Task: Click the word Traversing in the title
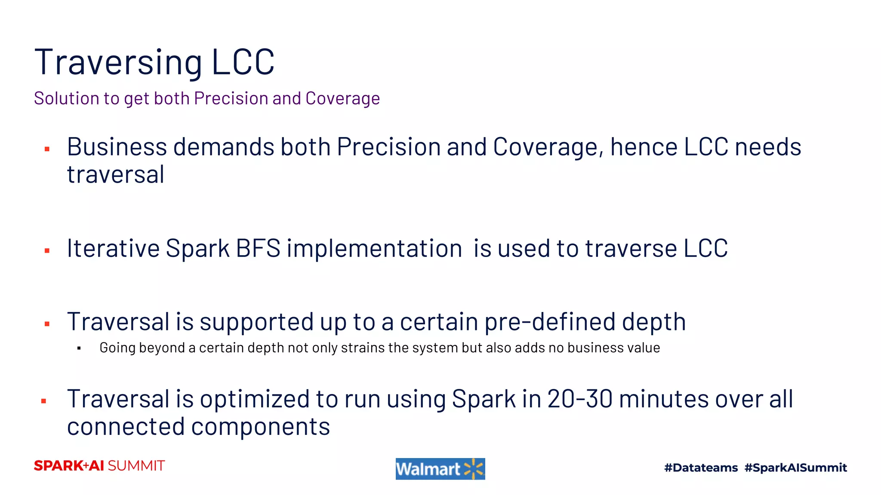click(x=118, y=63)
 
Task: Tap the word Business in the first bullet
click(x=117, y=147)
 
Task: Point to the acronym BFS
click(x=258, y=248)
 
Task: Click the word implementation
click(x=374, y=248)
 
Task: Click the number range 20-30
click(x=580, y=399)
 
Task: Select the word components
click(x=260, y=427)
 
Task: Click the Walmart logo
click(x=440, y=469)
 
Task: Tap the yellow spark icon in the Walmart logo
click(x=474, y=469)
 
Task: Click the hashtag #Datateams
click(x=701, y=467)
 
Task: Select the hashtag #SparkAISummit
click(x=795, y=467)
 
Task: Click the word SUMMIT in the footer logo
click(x=136, y=466)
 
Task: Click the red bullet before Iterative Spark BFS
click(x=47, y=251)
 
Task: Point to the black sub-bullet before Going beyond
click(x=79, y=348)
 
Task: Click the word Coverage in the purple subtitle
click(x=342, y=98)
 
